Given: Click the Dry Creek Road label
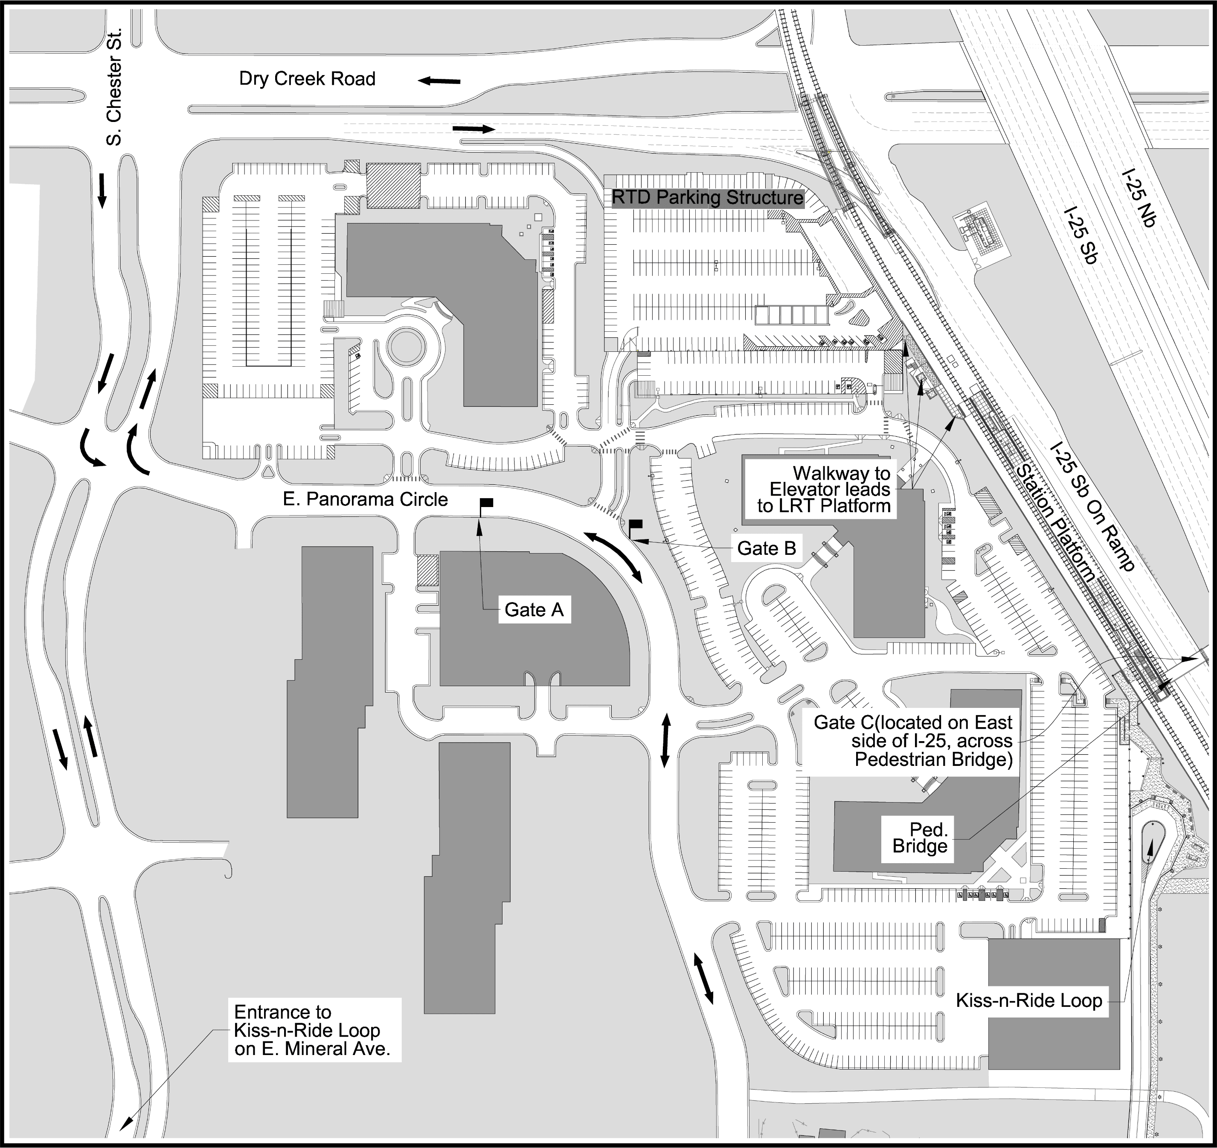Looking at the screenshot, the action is click(x=307, y=79).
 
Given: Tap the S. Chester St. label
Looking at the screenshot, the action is click(x=114, y=86).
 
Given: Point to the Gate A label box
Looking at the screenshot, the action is click(x=534, y=610).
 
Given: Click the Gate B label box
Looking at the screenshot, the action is click(x=767, y=548).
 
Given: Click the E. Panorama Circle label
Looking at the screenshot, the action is click(x=366, y=500).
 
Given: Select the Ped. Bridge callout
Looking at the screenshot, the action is click(x=920, y=838).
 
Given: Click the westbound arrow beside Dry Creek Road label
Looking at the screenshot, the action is click(x=439, y=81).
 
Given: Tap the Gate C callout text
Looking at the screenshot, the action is click(x=913, y=741).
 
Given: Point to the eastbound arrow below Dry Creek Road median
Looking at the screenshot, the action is click(x=473, y=128).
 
